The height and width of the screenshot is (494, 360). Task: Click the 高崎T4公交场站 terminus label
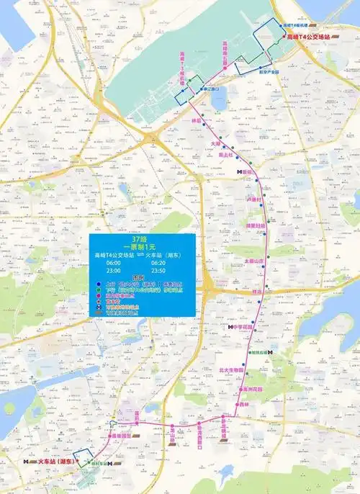pyautogui.click(x=309, y=35)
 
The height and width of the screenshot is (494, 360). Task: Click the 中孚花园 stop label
pyautogui.click(x=246, y=326)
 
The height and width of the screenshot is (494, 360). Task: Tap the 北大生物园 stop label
pyautogui.click(x=232, y=372)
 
